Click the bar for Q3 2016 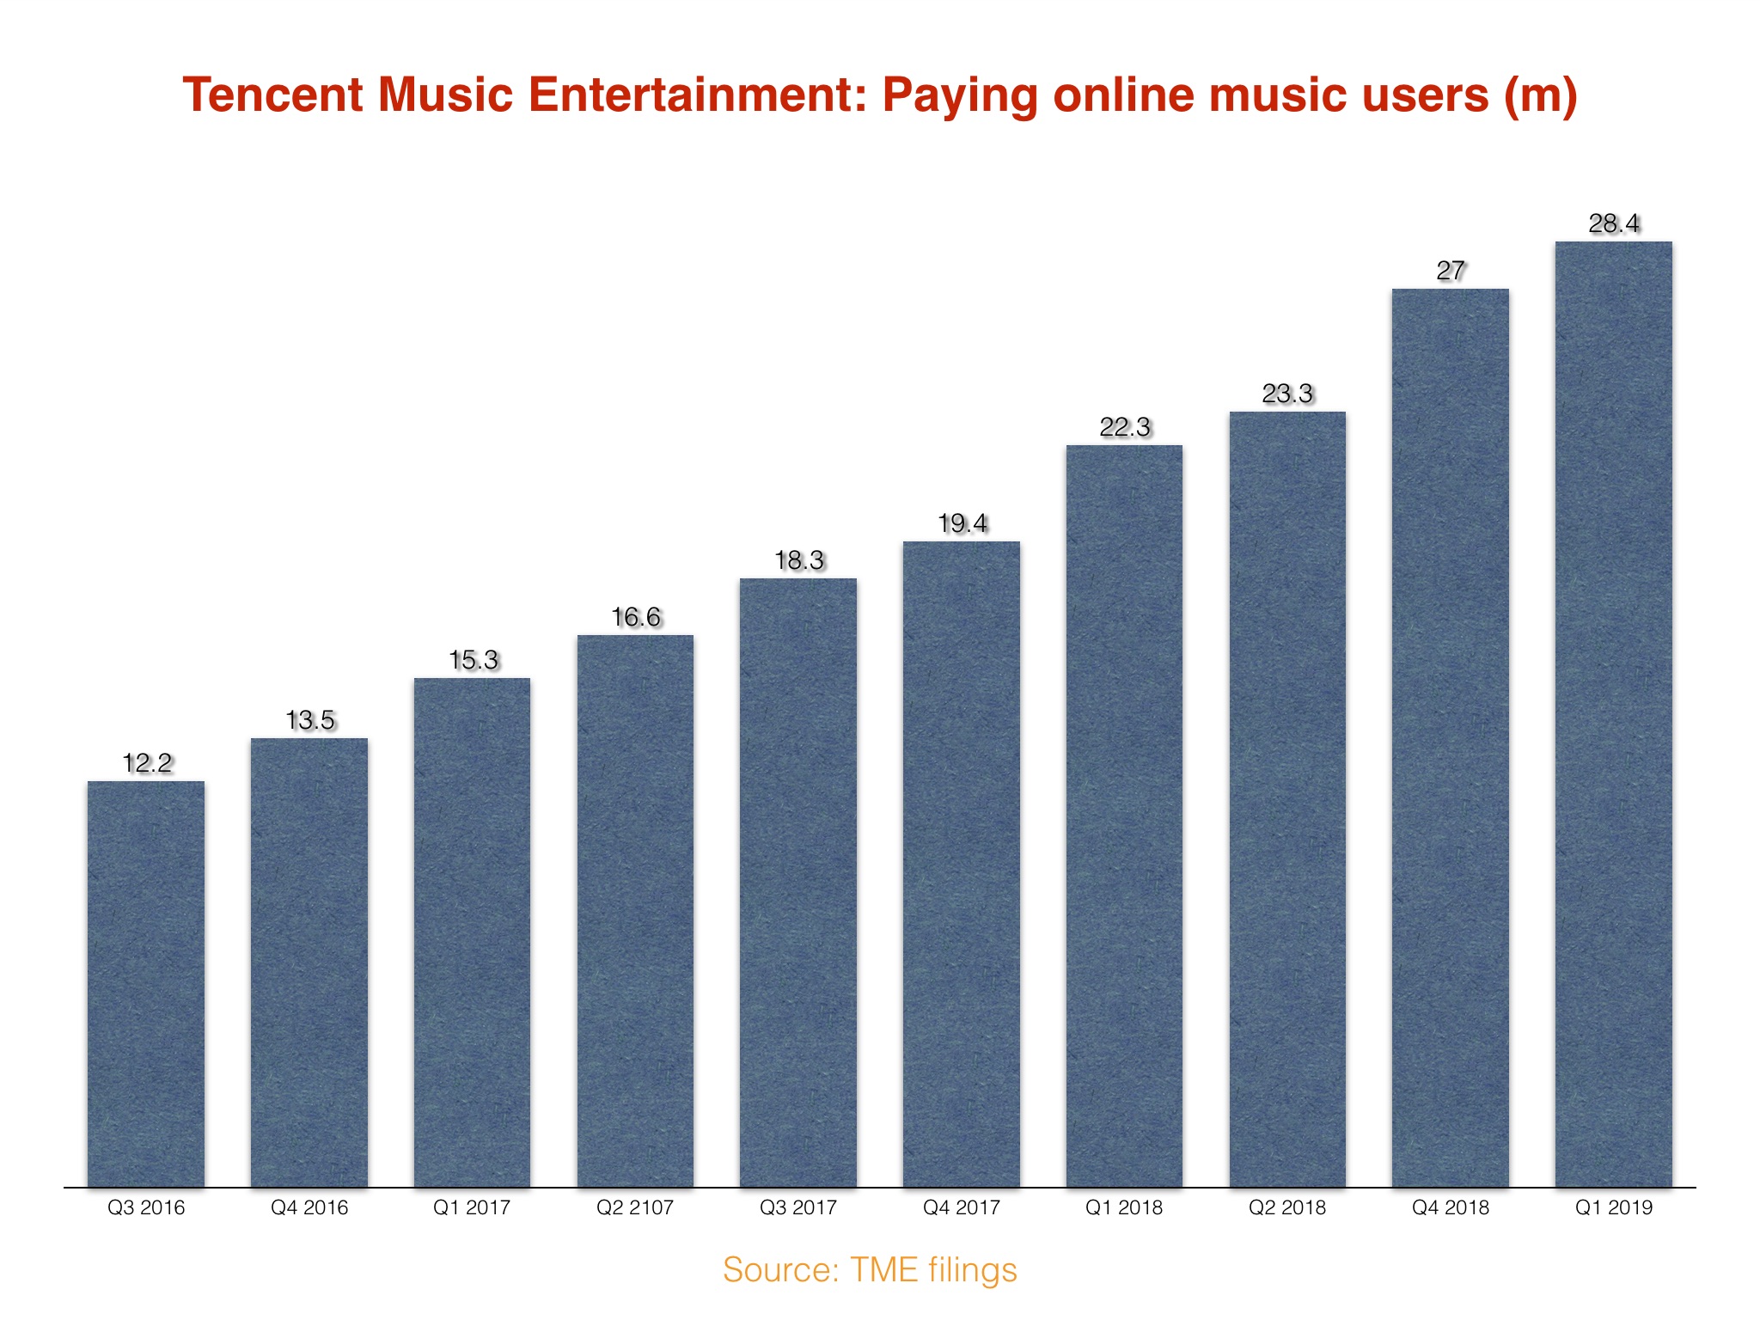(146, 984)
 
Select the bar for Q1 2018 (1124, 816)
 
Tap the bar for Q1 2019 (1614, 714)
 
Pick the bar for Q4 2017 (962, 865)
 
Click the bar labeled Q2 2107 (635, 911)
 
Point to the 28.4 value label (1614, 223)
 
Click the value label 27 (1451, 271)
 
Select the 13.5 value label (310, 720)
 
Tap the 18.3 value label (799, 560)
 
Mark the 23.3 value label (1287, 394)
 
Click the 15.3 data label (474, 660)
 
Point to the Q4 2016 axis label (309, 1207)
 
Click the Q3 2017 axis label (798, 1207)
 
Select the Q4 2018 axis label (1451, 1207)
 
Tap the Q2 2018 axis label (1287, 1207)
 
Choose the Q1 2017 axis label (472, 1207)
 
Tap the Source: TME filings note (870, 1269)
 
